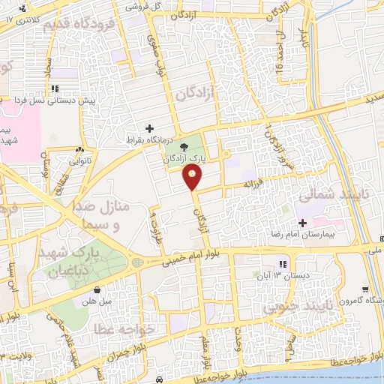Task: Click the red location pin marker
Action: pyautogui.click(x=193, y=176)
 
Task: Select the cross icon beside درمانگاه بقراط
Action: pyautogui.click(x=149, y=128)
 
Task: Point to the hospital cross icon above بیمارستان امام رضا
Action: pyautogui.click(x=303, y=223)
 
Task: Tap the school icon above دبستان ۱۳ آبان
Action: pyautogui.click(x=283, y=264)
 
